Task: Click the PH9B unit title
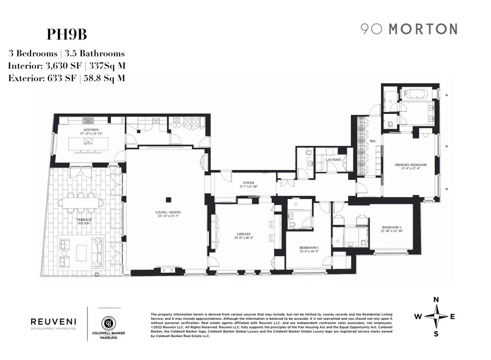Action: click(67, 34)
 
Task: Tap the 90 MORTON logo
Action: click(408, 29)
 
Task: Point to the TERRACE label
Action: click(85, 220)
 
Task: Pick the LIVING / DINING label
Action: click(167, 212)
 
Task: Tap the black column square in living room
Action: click(168, 200)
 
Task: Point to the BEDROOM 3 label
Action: click(309, 248)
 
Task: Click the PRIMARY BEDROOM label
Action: click(410, 165)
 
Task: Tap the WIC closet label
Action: click(373, 141)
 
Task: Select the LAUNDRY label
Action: click(334, 160)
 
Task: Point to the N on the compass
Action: click(436, 300)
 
